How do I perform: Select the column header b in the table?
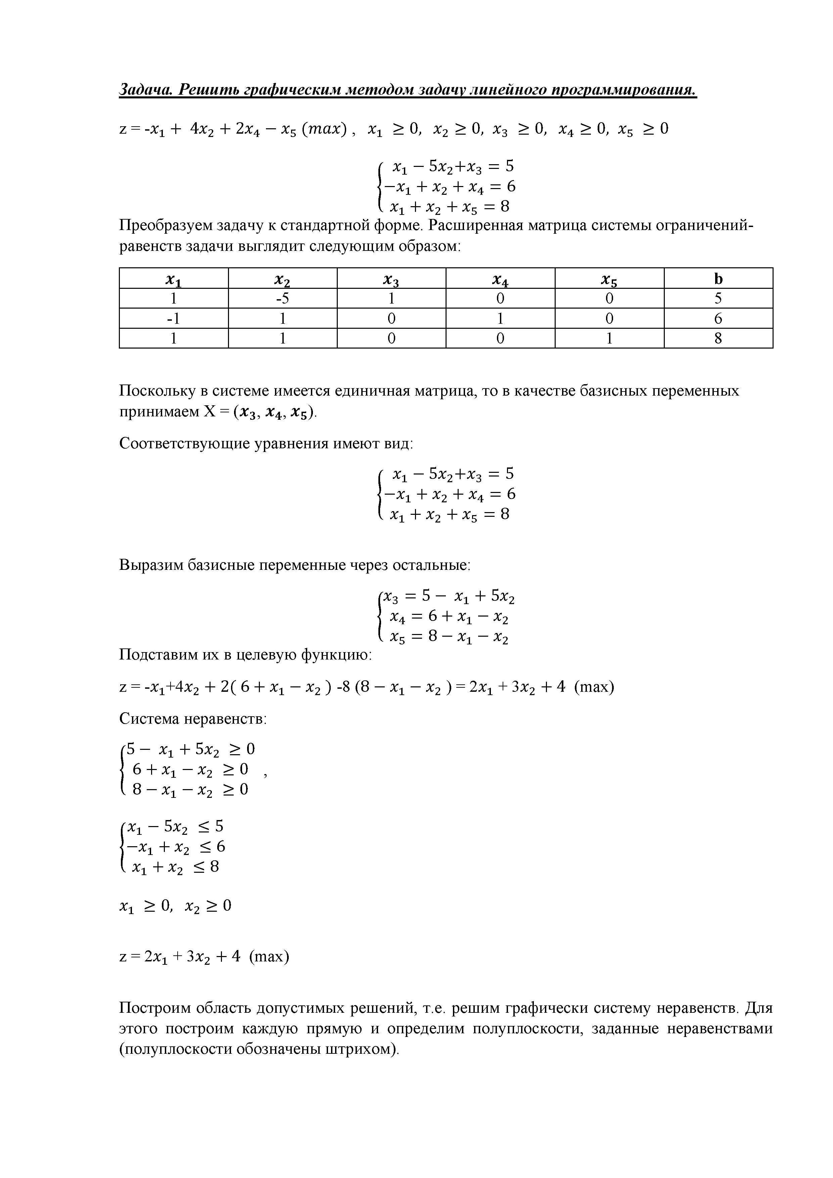pyautogui.click(x=718, y=279)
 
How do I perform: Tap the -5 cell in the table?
pyautogui.click(x=283, y=299)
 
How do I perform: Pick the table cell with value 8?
pyautogui.click(x=718, y=338)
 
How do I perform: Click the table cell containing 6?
pyautogui.click(x=718, y=319)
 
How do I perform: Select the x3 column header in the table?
pyautogui.click(x=391, y=279)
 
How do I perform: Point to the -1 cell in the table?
pyautogui.click(x=174, y=319)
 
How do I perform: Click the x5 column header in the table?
pyautogui.click(x=609, y=279)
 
